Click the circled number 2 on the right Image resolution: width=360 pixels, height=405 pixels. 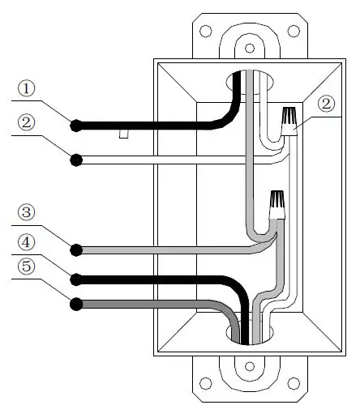click(x=327, y=104)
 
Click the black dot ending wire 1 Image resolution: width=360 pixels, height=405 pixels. click(x=76, y=126)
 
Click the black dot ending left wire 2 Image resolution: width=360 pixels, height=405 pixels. click(x=76, y=160)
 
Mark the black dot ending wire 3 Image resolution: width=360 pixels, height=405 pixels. click(x=76, y=249)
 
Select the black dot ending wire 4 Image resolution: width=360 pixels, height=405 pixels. click(x=76, y=279)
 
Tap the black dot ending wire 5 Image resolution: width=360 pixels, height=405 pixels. click(x=76, y=305)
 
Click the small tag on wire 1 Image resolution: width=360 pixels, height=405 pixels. click(x=124, y=134)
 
